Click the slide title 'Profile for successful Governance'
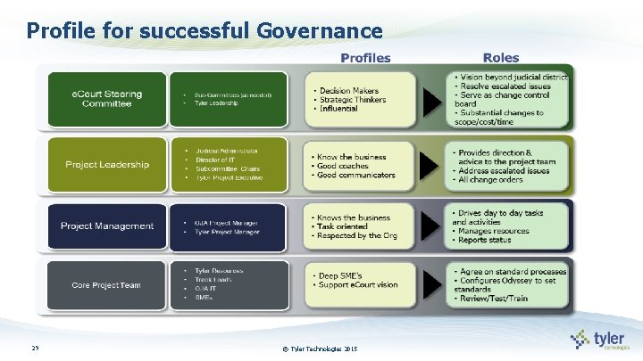[x=205, y=30]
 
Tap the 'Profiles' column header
[x=365, y=58]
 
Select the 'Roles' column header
[x=500, y=58]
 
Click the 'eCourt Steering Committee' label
[x=107, y=99]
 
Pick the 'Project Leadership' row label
[x=107, y=164]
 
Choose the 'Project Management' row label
[x=107, y=226]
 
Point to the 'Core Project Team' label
[x=107, y=285]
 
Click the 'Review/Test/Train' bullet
[x=497, y=299]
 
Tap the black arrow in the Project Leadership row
[x=432, y=165]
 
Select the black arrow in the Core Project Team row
[x=432, y=284]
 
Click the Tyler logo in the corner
[x=603, y=340]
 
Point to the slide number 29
[x=35, y=348]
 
